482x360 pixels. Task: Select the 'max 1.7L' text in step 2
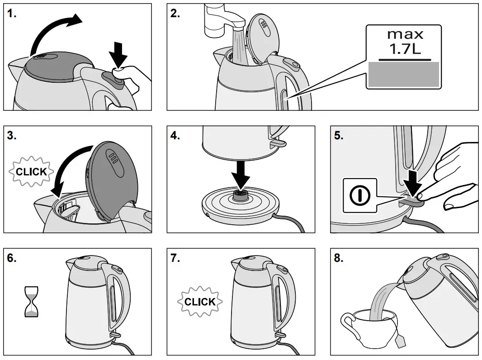[x=405, y=42]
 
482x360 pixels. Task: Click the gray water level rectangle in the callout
[x=404, y=75]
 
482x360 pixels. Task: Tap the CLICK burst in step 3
[x=31, y=172]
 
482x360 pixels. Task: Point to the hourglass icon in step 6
[x=31, y=301]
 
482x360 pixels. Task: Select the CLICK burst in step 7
[x=200, y=301]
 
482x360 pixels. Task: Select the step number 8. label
[x=339, y=259]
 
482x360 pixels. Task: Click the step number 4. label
[x=175, y=136]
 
